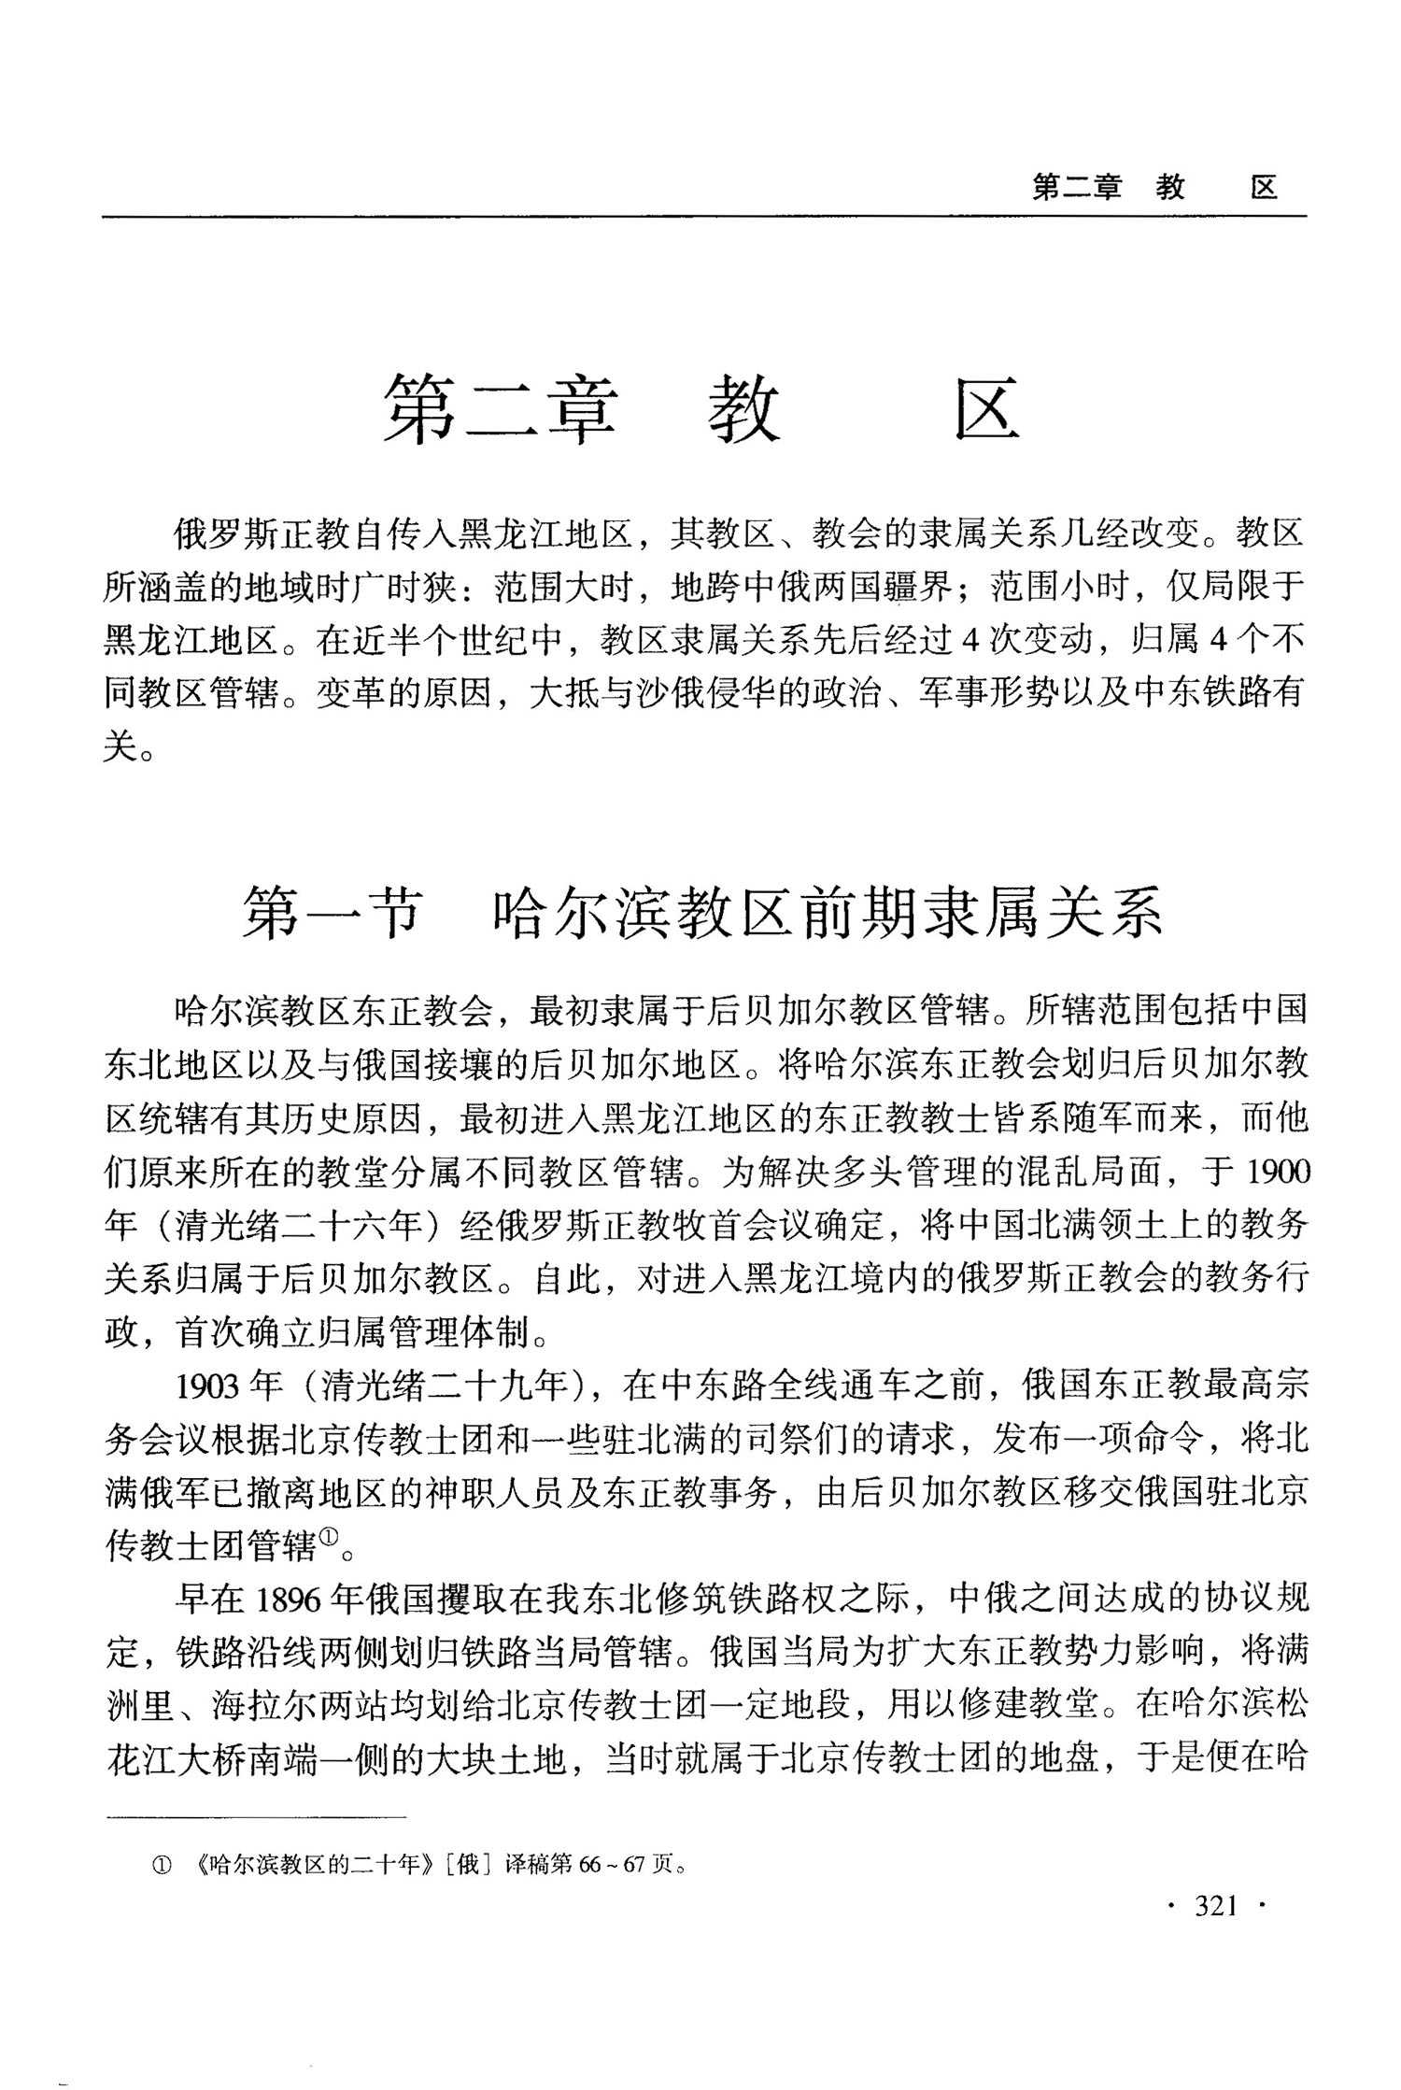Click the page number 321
click(1216, 1905)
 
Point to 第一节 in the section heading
click(332, 911)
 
